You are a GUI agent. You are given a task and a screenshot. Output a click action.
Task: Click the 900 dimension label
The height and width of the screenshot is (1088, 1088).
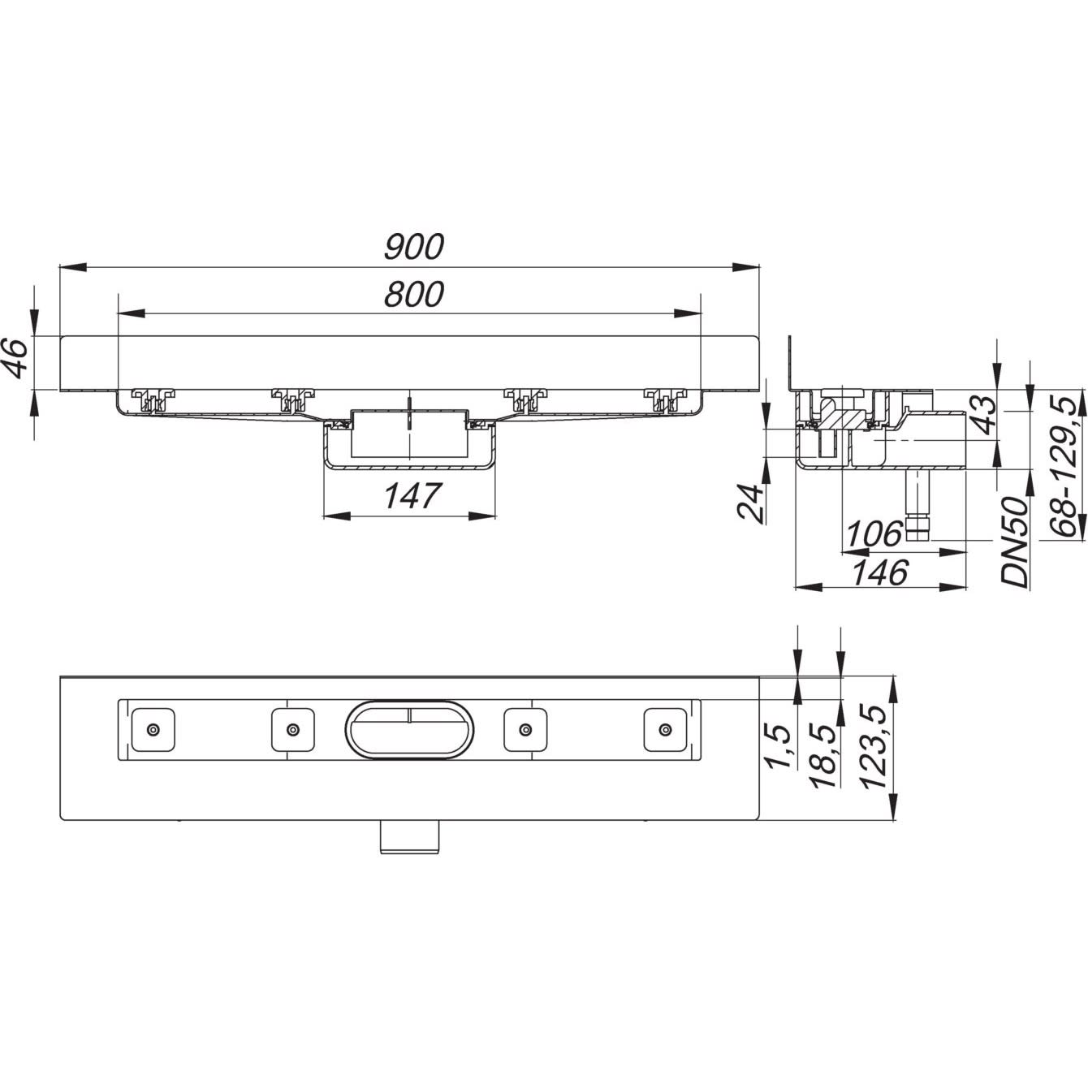click(x=414, y=246)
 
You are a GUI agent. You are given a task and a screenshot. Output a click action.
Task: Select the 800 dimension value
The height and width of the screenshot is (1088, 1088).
click(x=414, y=294)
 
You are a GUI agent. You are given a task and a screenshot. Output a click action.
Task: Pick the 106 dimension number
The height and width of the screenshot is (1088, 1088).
click(x=874, y=534)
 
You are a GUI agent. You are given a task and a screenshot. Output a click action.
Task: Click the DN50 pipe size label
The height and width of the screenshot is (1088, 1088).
click(x=1014, y=542)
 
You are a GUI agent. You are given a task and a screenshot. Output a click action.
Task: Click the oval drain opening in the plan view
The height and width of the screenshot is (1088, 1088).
click(x=409, y=728)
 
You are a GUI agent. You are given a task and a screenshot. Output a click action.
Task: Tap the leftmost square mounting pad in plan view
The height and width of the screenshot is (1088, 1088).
click(x=153, y=729)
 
